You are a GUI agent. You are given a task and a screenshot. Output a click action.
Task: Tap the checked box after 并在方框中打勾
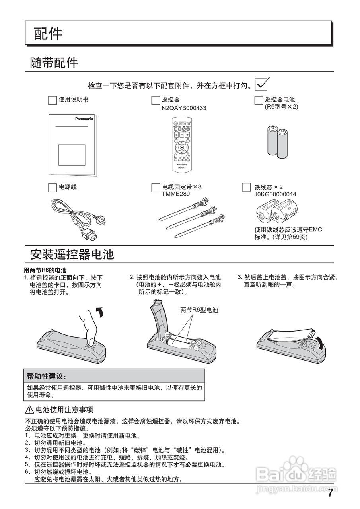tap(261, 84)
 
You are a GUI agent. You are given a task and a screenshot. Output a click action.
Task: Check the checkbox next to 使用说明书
tap(52, 100)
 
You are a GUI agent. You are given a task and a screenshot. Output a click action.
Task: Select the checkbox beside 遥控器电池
tap(259, 100)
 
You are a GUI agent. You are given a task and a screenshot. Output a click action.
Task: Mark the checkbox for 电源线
tap(52, 187)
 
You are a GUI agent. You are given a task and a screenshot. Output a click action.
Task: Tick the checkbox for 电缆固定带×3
tap(156, 187)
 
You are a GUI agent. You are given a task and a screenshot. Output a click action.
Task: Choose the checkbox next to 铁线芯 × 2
tap(246, 187)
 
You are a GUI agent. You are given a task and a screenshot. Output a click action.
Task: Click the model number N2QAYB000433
tap(184, 108)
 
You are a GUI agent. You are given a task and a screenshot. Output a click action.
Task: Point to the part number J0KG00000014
tap(275, 194)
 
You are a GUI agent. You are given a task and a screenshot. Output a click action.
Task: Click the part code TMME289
tap(176, 194)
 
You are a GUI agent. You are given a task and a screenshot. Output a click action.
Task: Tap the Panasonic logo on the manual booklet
tap(84, 119)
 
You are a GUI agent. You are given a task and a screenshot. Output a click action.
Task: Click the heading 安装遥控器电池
tap(72, 254)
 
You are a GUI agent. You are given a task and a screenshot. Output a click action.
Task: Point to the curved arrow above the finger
tap(101, 312)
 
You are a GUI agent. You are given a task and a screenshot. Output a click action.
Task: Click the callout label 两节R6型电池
tap(199, 310)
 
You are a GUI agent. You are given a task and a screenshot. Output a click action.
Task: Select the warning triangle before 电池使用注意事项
tap(30, 410)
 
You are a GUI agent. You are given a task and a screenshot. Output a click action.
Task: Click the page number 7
tap(330, 493)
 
